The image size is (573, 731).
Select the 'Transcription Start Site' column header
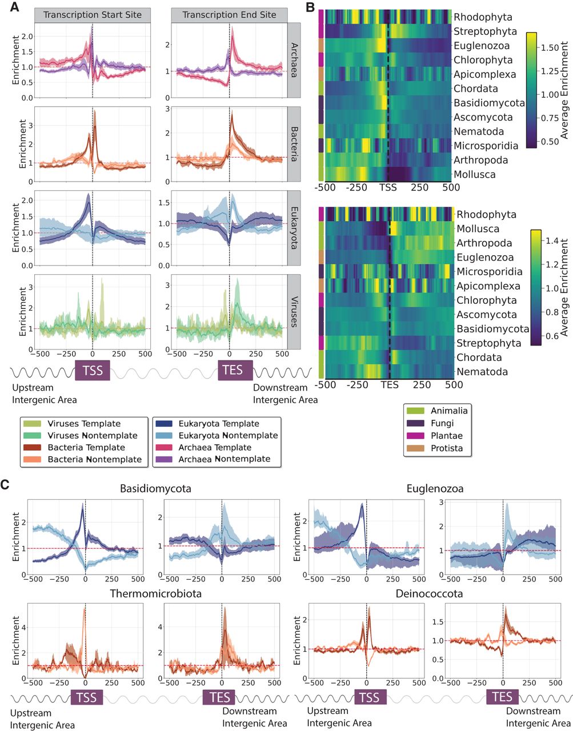[92, 15]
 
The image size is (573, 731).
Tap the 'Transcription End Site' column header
[229, 15]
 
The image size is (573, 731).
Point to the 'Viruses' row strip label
[294, 311]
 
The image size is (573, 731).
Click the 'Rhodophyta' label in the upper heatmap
[483, 17]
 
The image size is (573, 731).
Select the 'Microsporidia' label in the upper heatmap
[486, 146]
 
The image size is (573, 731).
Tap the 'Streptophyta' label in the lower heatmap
[488, 343]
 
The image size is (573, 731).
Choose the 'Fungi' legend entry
[442, 423]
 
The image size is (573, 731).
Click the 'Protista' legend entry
[447, 448]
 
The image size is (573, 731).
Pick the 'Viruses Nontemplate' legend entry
[92, 435]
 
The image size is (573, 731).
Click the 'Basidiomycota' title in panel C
[155, 489]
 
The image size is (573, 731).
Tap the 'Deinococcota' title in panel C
[429, 594]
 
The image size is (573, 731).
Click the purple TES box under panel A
[233, 370]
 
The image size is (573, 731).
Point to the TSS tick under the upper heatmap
[388, 187]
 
